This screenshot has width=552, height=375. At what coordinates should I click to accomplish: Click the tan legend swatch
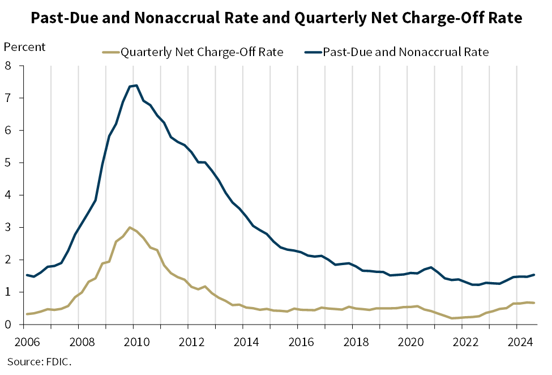[111, 52]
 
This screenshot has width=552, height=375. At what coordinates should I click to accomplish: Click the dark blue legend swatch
[313, 52]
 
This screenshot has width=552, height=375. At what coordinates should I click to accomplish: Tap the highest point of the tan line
[131, 227]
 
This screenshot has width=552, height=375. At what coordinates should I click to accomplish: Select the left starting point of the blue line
[27, 275]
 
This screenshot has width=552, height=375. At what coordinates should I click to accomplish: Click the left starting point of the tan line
[27, 314]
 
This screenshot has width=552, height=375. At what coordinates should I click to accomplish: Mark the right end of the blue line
[534, 275]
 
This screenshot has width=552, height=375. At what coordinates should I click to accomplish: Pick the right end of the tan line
[534, 302]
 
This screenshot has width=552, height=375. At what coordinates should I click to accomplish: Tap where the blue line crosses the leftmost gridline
[51, 266]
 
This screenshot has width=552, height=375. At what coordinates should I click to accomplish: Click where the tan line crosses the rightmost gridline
[517, 303]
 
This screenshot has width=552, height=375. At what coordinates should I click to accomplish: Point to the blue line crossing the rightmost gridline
[517, 276]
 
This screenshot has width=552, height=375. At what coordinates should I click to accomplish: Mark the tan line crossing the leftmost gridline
[51, 309]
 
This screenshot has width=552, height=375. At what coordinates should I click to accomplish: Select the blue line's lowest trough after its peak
[476, 284]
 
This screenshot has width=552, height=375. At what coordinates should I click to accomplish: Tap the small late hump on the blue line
[431, 267]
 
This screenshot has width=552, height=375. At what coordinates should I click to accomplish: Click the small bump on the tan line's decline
[205, 286]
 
